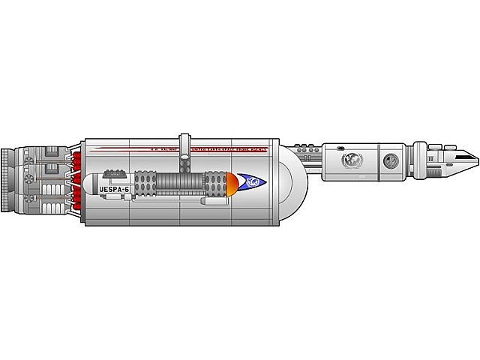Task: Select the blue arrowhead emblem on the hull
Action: point(253,182)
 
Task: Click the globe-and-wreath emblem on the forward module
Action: point(350,160)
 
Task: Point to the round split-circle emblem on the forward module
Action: point(390,160)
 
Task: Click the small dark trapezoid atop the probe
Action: point(114,173)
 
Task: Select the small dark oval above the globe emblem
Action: point(341,147)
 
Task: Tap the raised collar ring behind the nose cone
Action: point(433,159)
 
